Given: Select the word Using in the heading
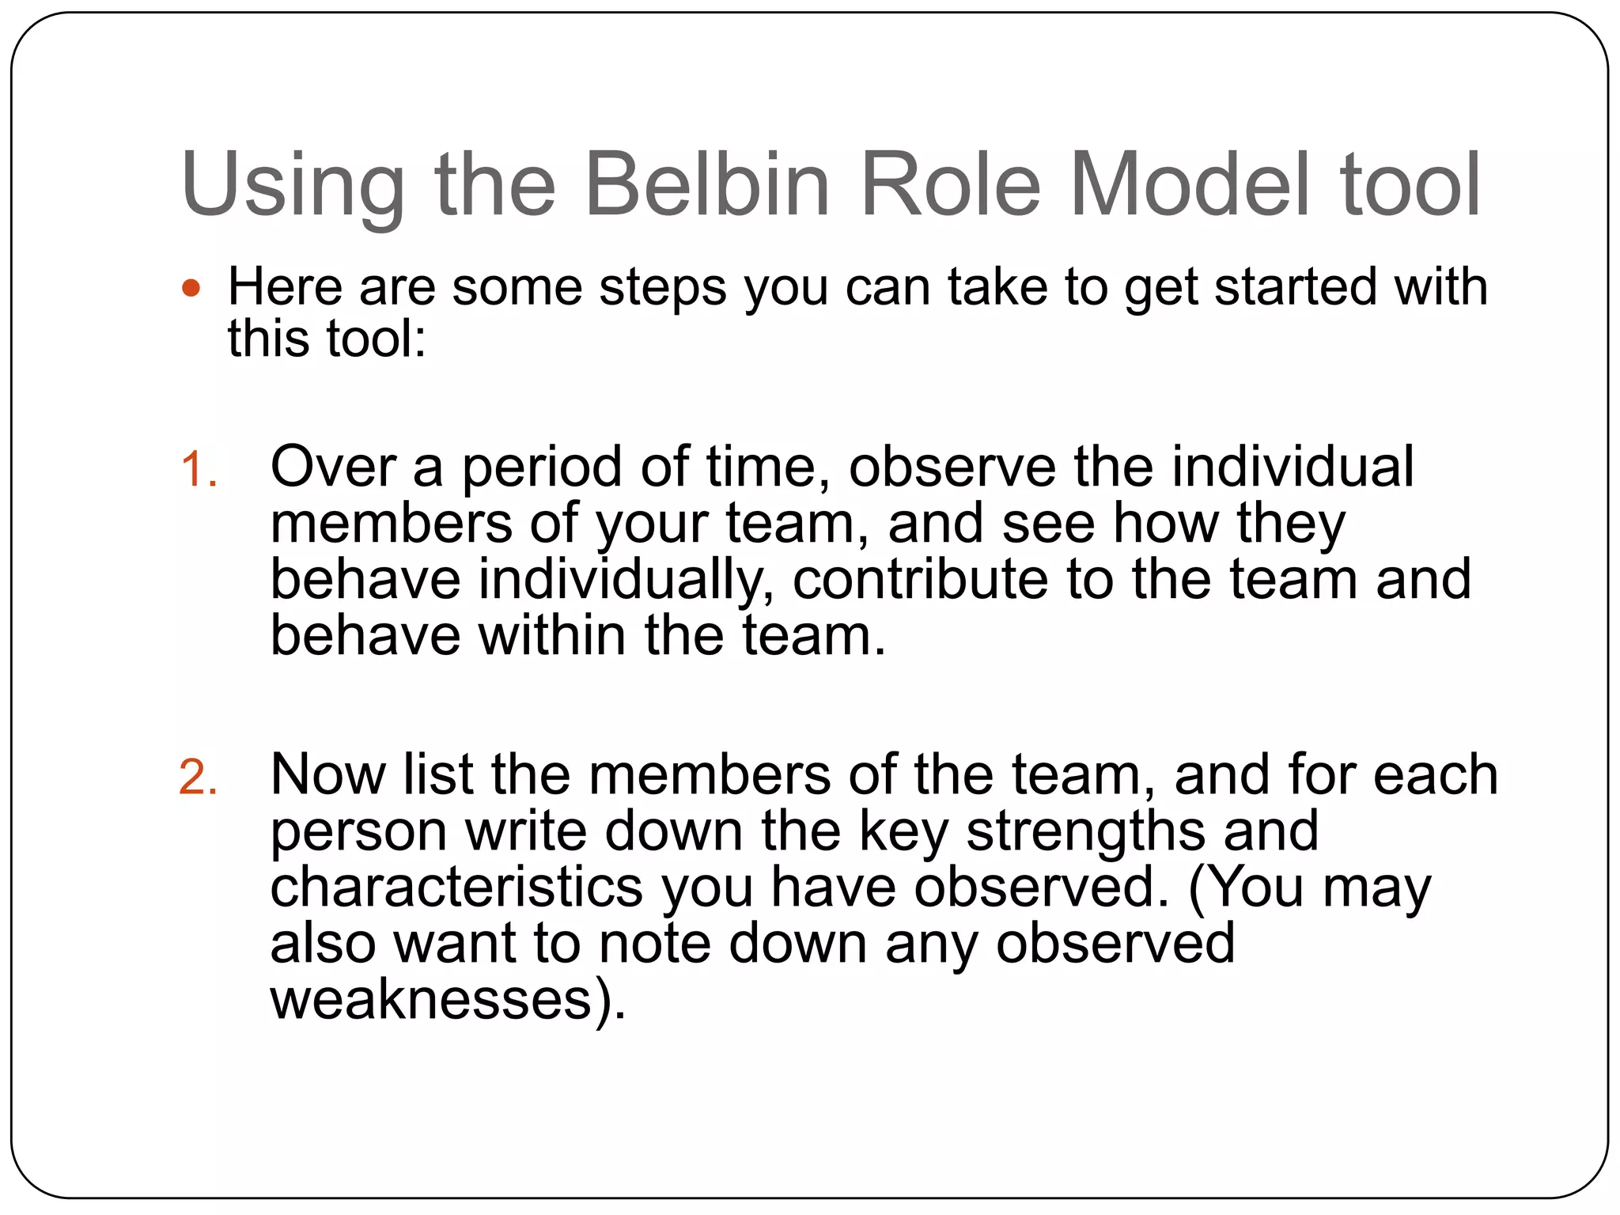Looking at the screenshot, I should (x=293, y=186).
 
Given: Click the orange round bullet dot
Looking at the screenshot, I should (x=191, y=288).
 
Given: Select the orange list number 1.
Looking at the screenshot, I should (x=198, y=469).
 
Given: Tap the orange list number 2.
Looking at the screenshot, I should (x=198, y=777).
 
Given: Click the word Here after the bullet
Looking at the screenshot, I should (x=285, y=286).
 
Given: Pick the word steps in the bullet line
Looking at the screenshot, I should (x=663, y=288).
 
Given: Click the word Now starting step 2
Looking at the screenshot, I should (x=327, y=775).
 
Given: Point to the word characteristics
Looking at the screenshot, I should (x=456, y=888).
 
